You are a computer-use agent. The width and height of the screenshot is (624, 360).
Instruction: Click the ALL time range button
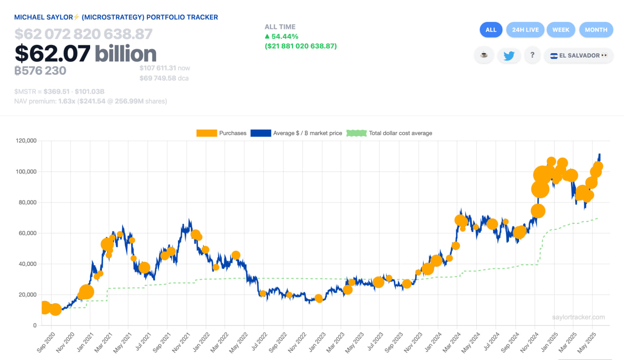click(491, 30)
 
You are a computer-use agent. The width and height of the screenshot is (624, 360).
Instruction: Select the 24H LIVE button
click(526, 30)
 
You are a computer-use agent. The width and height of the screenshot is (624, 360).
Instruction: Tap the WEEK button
click(561, 30)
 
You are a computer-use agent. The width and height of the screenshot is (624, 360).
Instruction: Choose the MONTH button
click(596, 30)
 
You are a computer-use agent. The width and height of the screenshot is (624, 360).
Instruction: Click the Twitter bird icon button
click(509, 56)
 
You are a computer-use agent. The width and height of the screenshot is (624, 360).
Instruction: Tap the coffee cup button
click(484, 55)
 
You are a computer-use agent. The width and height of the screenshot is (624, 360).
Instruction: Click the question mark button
click(532, 55)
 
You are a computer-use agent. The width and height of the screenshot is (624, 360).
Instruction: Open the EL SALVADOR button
click(579, 56)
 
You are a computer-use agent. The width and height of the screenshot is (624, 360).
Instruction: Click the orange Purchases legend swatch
click(206, 133)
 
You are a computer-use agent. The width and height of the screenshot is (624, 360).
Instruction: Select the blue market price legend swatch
click(260, 133)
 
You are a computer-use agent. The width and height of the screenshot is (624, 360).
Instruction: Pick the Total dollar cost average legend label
click(400, 133)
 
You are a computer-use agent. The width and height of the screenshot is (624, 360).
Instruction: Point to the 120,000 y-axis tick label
click(26, 141)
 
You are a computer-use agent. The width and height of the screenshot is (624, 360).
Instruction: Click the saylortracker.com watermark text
click(578, 317)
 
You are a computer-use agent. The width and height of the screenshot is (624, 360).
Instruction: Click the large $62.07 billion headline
click(85, 54)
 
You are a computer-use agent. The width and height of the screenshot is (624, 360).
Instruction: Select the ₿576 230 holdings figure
click(40, 71)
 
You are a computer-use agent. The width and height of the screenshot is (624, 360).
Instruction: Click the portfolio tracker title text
click(116, 17)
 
